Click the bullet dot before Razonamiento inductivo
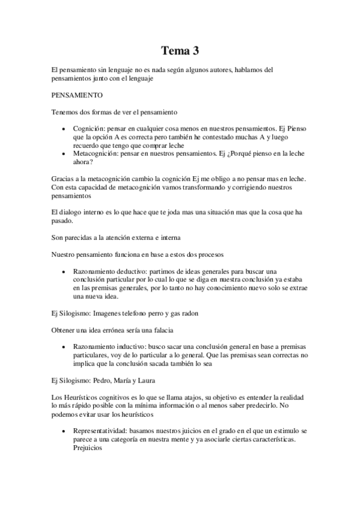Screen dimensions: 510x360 [x=64, y=347]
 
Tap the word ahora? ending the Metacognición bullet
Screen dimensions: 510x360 [x=83, y=162]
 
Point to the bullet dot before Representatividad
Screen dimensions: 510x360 [x=64, y=431]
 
